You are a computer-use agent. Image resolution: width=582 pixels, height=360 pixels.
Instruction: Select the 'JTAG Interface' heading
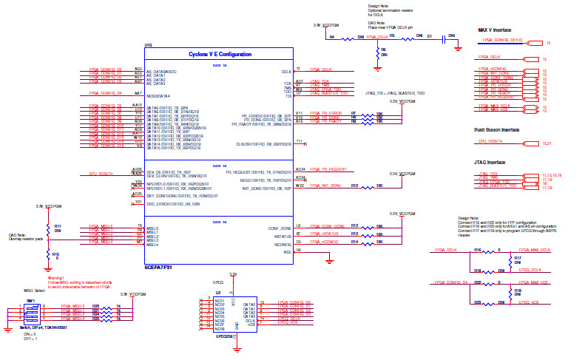tap(491, 162)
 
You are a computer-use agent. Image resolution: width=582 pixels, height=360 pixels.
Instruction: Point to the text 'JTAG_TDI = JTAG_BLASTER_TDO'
tap(394, 93)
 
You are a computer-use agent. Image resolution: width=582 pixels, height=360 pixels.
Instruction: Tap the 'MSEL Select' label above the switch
tap(35, 291)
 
